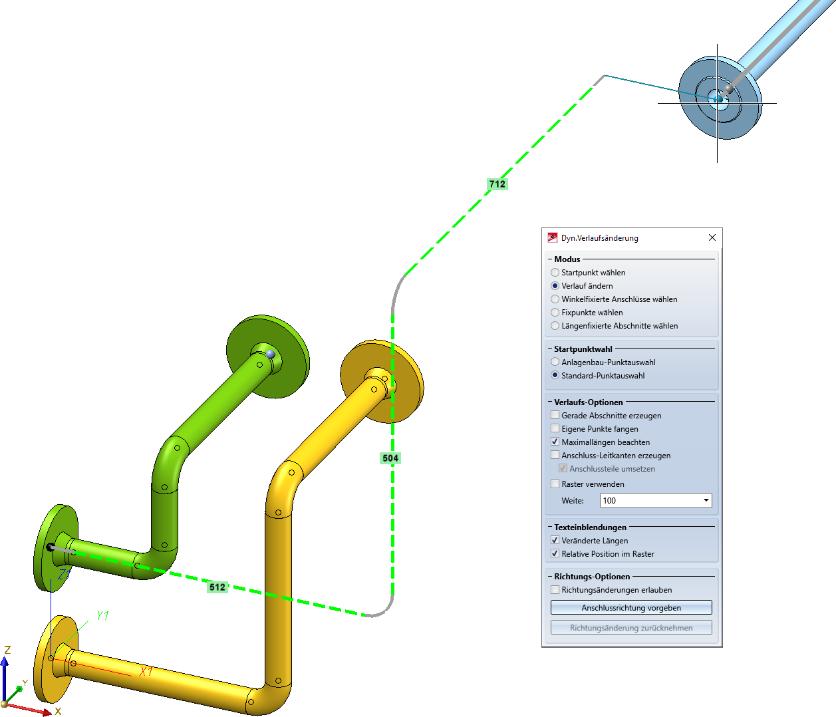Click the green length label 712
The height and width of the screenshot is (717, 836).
(497, 184)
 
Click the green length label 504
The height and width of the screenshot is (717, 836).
(390, 458)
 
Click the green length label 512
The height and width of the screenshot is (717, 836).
(217, 587)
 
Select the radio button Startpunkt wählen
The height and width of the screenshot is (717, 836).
(555, 273)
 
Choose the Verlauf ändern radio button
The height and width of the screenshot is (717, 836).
(555, 286)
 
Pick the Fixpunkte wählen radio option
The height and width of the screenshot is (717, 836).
(555, 313)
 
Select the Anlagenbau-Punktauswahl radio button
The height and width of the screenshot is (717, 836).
(555, 362)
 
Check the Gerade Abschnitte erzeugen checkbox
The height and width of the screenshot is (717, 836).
(555, 416)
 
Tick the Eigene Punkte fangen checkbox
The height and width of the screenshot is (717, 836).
(555, 429)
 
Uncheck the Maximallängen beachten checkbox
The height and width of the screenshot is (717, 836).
(555, 442)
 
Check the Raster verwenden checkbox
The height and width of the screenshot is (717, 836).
(555, 484)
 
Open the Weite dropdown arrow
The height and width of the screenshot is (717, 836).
(706, 501)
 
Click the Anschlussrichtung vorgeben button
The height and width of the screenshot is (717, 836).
(631, 608)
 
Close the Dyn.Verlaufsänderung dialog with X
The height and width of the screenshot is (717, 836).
(712, 237)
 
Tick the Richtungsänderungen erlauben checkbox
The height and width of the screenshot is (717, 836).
(555, 590)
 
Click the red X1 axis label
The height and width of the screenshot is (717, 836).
(146, 671)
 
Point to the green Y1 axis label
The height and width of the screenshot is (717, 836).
(102, 616)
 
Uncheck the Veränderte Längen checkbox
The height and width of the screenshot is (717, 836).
(555, 541)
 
